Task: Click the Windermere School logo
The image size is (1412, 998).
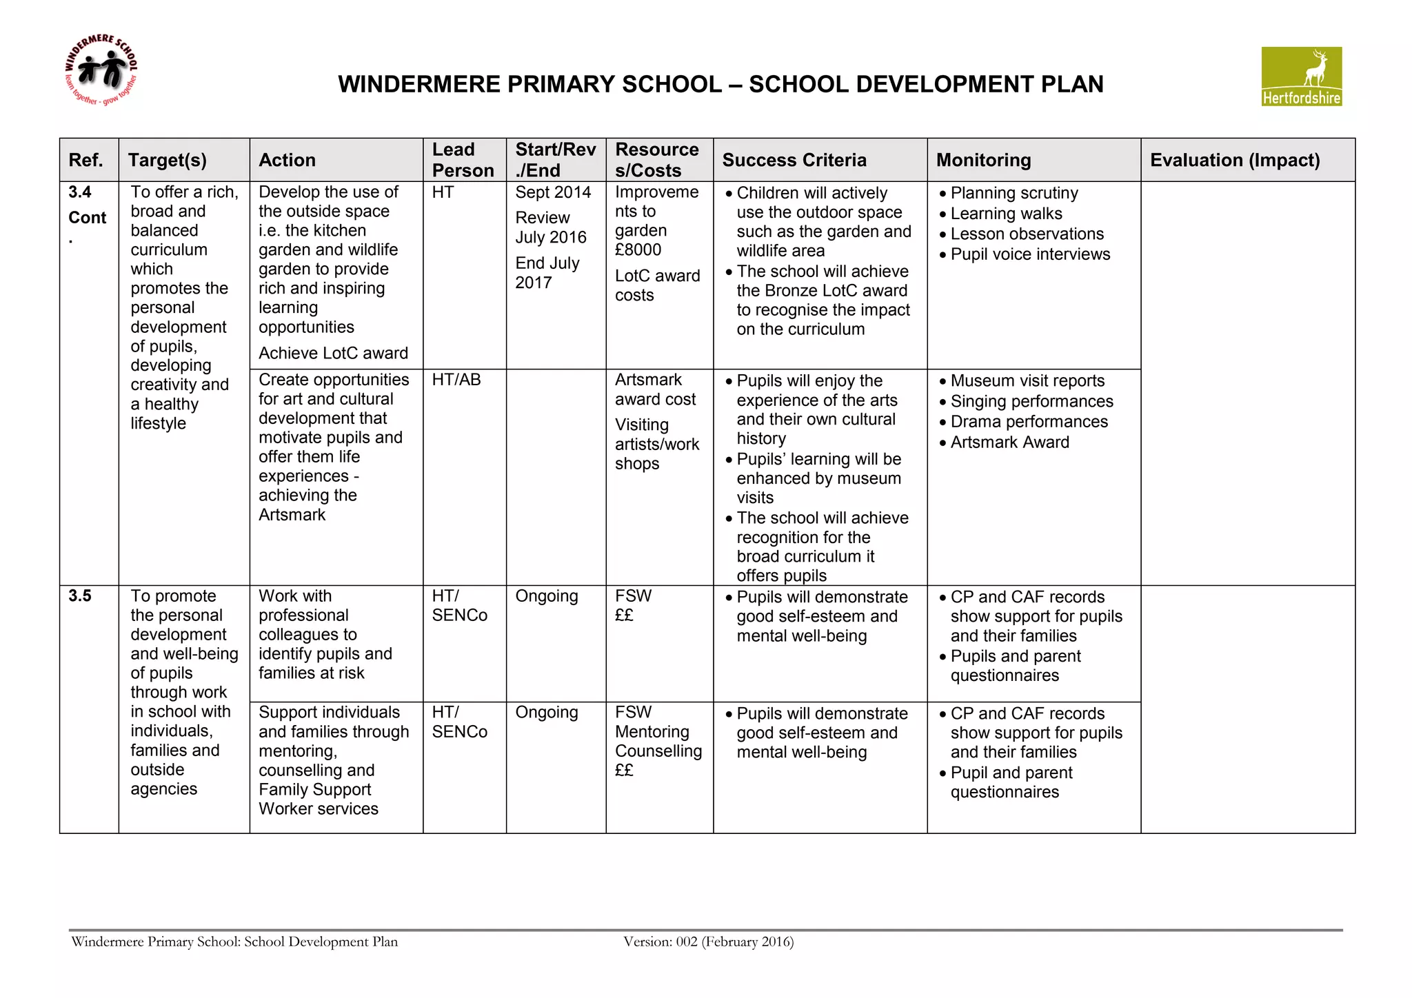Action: point(101,70)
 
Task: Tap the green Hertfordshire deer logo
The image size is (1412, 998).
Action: point(1301,76)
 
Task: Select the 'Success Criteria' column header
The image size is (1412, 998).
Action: point(794,160)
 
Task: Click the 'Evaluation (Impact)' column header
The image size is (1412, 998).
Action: point(1234,160)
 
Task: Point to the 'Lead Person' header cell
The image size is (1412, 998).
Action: point(463,160)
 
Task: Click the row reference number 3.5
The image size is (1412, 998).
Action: point(80,596)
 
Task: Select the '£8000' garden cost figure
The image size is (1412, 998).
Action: point(638,250)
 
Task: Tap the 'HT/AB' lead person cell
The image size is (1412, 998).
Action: point(456,380)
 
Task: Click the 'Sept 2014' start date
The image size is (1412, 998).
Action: point(553,192)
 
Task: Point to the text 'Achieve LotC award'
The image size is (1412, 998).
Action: point(333,353)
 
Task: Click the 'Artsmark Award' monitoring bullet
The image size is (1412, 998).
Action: point(1009,442)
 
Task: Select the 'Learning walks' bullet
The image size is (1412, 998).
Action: point(1006,214)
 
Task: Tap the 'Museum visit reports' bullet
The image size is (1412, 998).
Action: point(1027,381)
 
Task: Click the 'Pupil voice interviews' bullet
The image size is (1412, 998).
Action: point(1030,254)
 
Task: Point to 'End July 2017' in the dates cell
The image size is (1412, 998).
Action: point(547,273)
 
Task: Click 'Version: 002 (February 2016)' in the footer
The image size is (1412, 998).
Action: point(708,941)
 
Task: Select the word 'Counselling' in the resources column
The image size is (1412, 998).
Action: point(658,751)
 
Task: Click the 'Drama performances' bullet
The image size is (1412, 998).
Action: point(1029,422)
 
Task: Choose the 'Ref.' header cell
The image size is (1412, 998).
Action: point(86,160)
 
